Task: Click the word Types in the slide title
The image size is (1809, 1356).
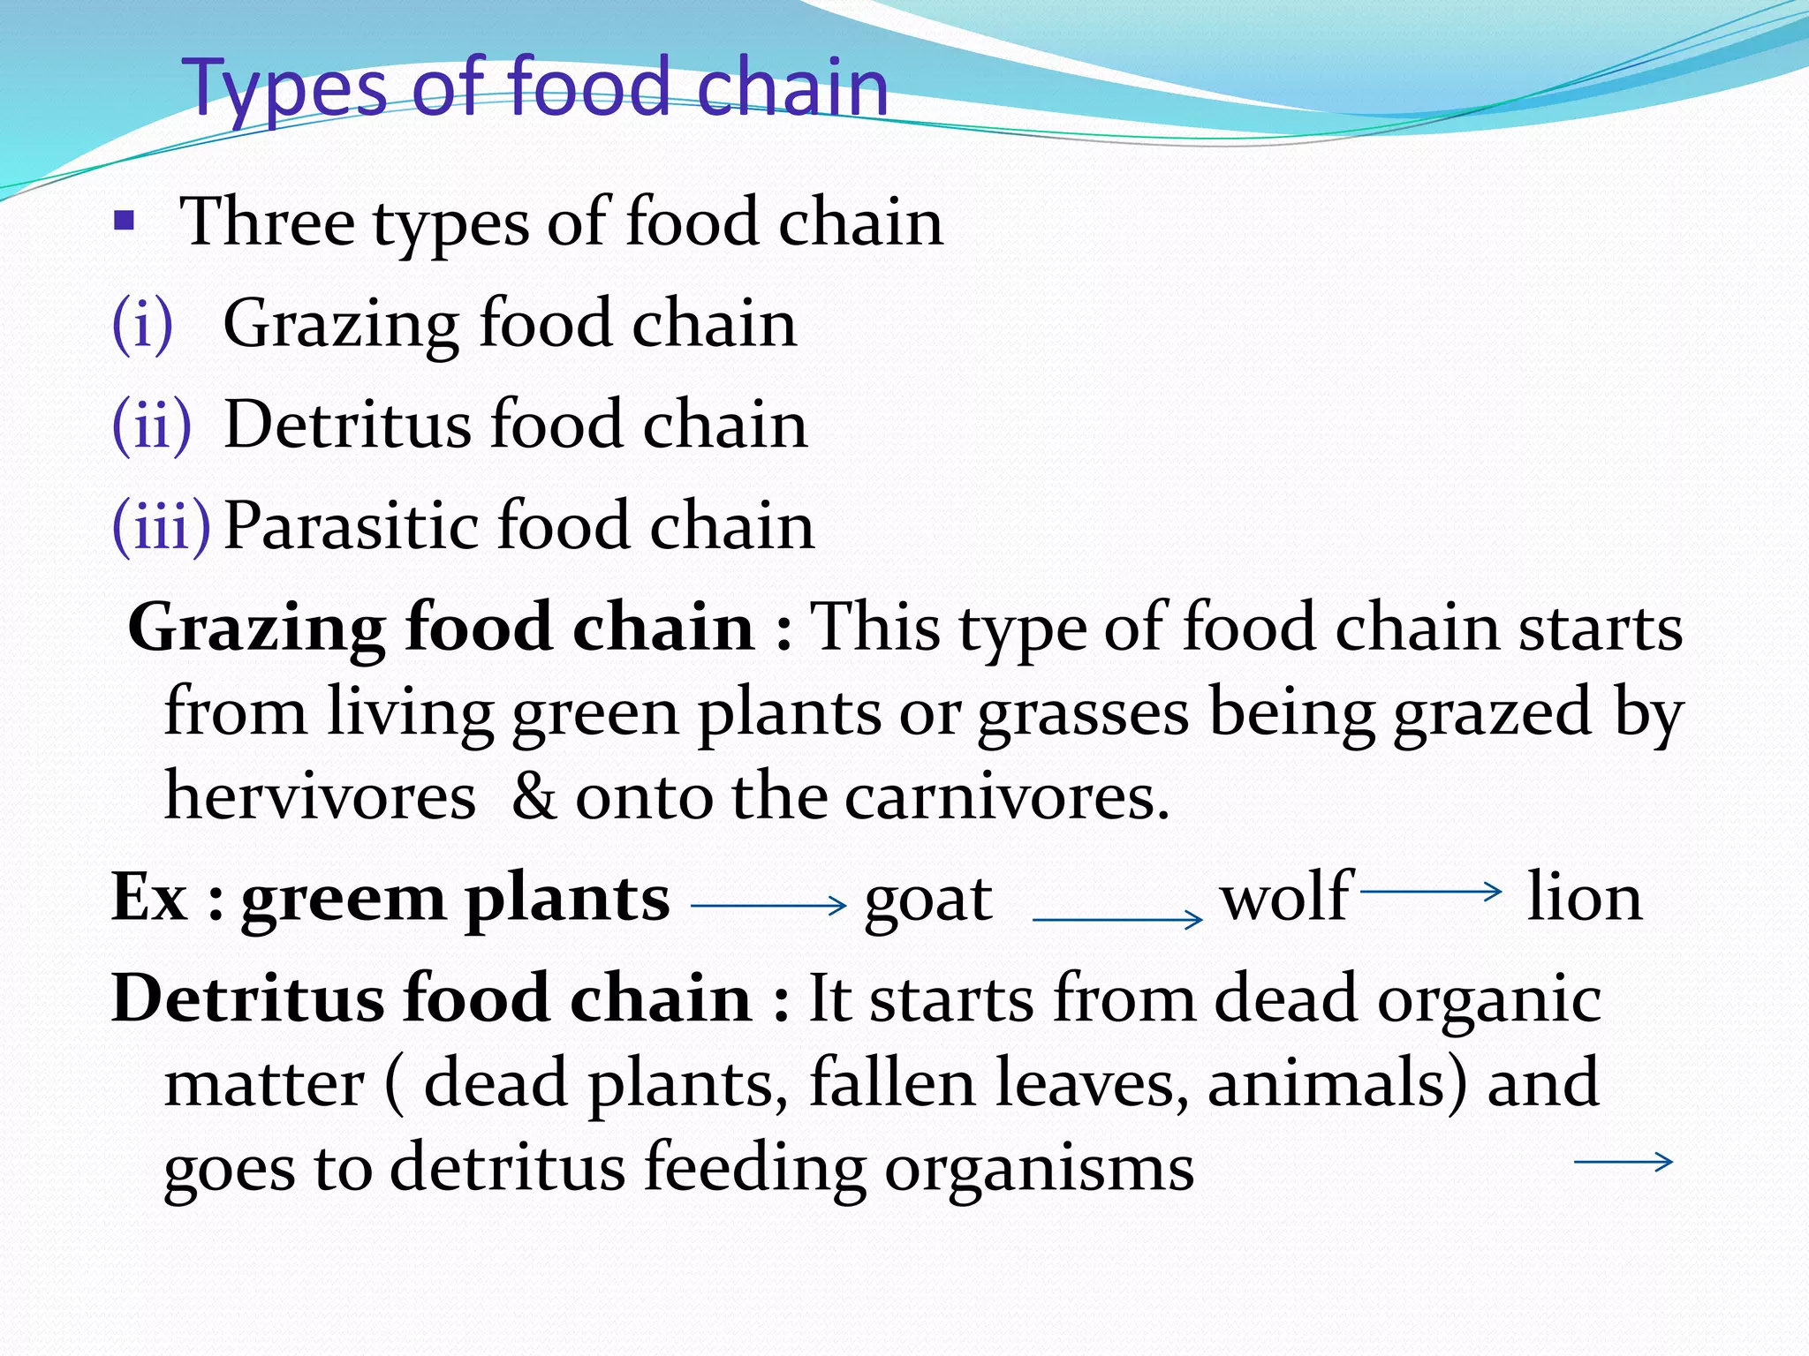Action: click(287, 88)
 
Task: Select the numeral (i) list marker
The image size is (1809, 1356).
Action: click(142, 323)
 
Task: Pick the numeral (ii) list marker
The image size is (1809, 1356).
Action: click(151, 425)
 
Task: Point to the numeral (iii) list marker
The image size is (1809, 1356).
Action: click(162, 526)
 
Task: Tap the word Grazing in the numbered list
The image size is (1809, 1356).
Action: click(340, 325)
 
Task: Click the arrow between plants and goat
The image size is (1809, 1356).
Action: click(768, 905)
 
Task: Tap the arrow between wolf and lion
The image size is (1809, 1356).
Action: click(1430, 892)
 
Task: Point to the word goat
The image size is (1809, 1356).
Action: click(928, 900)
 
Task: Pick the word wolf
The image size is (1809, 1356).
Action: click(1286, 897)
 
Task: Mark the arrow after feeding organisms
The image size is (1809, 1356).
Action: click(1624, 1162)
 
